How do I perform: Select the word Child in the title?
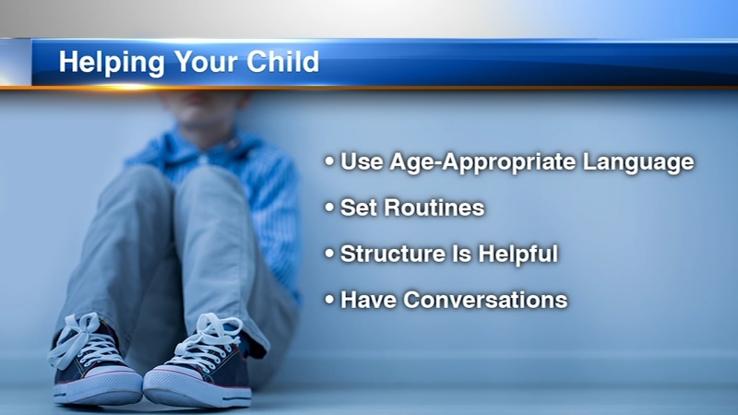pyautogui.click(x=283, y=61)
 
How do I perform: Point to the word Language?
pyautogui.click(x=638, y=163)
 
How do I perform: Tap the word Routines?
pyautogui.click(x=434, y=207)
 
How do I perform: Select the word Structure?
pyautogui.click(x=393, y=254)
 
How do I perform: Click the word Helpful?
pyautogui.click(x=518, y=255)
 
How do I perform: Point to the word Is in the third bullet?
pyautogui.click(x=461, y=254)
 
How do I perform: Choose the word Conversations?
pyautogui.click(x=485, y=300)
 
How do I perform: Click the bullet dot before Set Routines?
pyautogui.click(x=329, y=207)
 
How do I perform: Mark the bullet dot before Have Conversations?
pyautogui.click(x=329, y=299)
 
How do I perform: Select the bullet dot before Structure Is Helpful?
pyautogui.click(x=329, y=253)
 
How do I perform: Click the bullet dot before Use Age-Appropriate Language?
pyautogui.click(x=329, y=160)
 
